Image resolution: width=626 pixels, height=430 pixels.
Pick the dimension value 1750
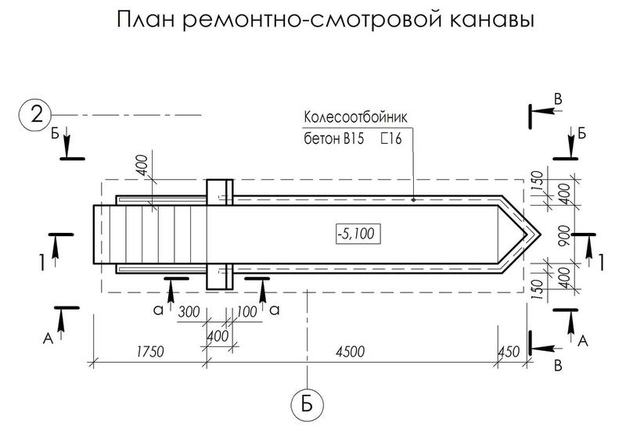(x=149, y=352)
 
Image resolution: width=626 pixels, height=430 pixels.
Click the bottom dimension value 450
(x=509, y=352)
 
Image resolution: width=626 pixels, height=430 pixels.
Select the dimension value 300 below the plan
(x=189, y=312)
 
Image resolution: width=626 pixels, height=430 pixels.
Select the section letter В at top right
(x=556, y=98)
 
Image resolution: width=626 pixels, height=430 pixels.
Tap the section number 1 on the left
(x=39, y=263)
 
